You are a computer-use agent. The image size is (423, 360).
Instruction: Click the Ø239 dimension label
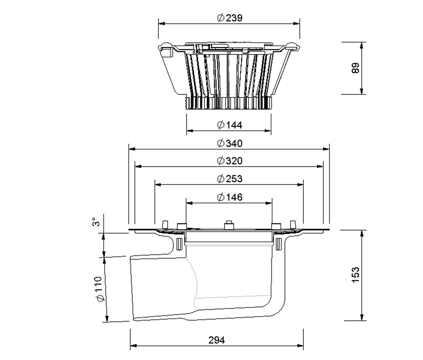click(x=229, y=18)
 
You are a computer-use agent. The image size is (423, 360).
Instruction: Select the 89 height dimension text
click(x=355, y=68)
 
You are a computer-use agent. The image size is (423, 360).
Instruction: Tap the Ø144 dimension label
click(x=229, y=125)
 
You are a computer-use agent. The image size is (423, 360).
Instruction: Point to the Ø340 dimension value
click(x=229, y=143)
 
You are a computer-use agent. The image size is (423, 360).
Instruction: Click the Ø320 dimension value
click(x=229, y=161)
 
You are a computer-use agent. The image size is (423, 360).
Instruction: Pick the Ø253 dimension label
click(x=229, y=179)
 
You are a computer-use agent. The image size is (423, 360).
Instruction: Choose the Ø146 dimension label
click(x=229, y=197)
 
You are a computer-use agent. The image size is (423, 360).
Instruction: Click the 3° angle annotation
click(x=96, y=221)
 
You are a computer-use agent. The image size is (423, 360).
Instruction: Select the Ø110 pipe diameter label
click(x=100, y=289)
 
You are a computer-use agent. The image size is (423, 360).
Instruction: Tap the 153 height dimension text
click(x=355, y=275)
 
